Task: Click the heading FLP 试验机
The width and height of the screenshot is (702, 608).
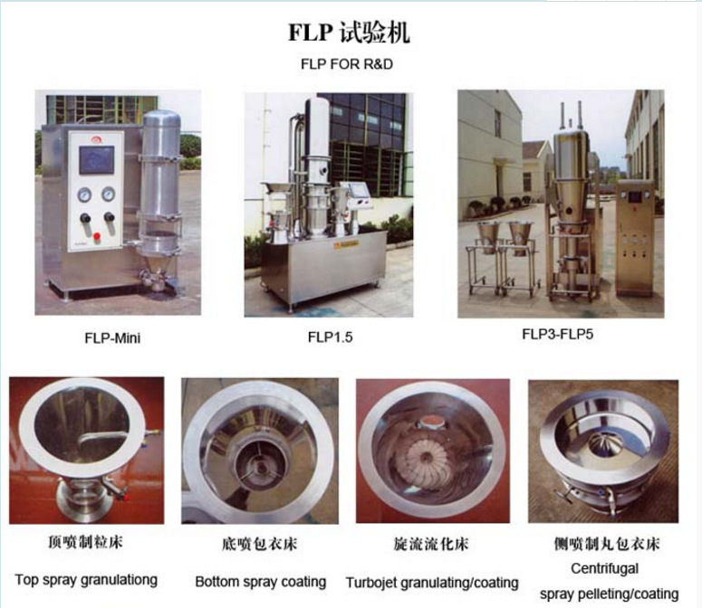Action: (x=349, y=33)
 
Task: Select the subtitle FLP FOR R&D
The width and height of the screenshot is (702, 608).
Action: (x=347, y=64)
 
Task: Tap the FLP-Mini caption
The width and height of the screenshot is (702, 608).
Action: (x=112, y=338)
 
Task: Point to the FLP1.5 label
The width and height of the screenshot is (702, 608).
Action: (x=331, y=337)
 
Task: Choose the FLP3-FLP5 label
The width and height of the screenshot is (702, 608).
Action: (x=558, y=335)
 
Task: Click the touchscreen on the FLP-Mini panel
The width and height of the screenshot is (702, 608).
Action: (x=96, y=159)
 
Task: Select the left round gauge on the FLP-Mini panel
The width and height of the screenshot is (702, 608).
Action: (x=84, y=195)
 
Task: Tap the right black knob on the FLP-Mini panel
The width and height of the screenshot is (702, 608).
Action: (x=109, y=217)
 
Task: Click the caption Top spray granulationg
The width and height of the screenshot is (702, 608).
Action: (x=86, y=580)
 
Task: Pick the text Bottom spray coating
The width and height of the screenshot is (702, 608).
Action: (x=261, y=582)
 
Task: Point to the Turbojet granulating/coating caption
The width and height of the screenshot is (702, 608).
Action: (x=432, y=583)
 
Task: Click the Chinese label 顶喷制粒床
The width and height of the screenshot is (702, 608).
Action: (x=85, y=542)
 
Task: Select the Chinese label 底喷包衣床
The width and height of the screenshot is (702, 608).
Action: (x=260, y=544)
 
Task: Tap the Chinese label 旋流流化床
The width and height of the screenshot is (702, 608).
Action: (x=431, y=544)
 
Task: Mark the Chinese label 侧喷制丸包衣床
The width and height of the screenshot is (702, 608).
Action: (x=607, y=544)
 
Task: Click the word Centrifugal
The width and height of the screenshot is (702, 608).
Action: (x=605, y=569)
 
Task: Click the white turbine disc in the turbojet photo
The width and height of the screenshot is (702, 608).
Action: (x=427, y=459)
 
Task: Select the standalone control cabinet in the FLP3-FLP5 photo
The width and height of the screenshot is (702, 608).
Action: (x=635, y=239)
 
